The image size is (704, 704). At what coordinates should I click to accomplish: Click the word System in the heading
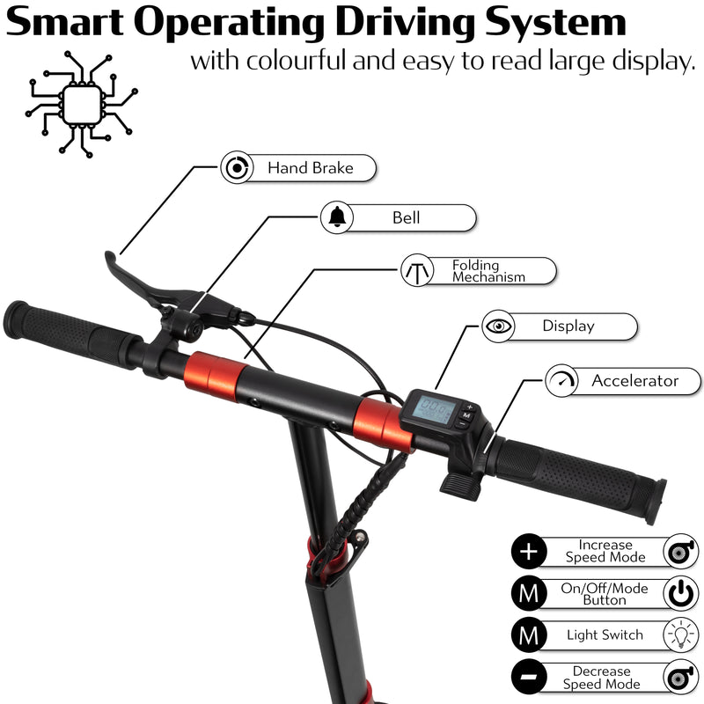point(555,23)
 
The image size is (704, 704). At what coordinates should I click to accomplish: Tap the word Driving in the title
point(406,23)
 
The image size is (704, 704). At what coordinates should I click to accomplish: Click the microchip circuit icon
point(81,105)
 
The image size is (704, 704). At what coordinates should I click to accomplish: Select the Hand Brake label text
point(311,168)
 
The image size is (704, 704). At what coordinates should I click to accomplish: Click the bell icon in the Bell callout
point(337,217)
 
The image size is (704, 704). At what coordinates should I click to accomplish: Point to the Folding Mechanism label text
point(488,271)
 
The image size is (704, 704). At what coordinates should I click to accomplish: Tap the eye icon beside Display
point(498,326)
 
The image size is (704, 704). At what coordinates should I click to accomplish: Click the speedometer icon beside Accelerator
point(561,380)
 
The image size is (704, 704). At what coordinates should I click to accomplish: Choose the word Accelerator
point(634,381)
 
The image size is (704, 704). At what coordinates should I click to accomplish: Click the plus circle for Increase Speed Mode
point(529,552)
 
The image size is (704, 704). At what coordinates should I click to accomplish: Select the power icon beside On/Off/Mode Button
point(681,593)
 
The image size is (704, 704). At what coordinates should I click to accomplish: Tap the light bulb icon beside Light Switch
point(681,634)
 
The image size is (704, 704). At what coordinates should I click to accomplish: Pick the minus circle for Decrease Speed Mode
point(529,677)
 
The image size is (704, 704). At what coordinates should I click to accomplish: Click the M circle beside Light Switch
point(529,634)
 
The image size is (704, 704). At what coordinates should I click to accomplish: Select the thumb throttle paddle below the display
point(460,487)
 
